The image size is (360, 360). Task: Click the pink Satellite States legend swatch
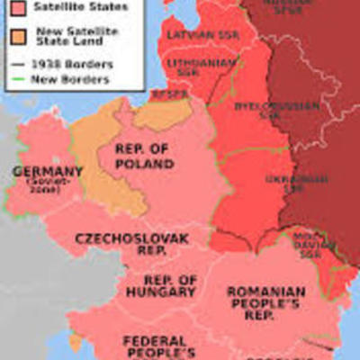pyautogui.click(x=15, y=8)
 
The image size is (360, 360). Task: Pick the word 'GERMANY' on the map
pyautogui.click(x=47, y=172)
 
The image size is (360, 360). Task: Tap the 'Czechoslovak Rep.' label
pyautogui.click(x=120, y=245)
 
